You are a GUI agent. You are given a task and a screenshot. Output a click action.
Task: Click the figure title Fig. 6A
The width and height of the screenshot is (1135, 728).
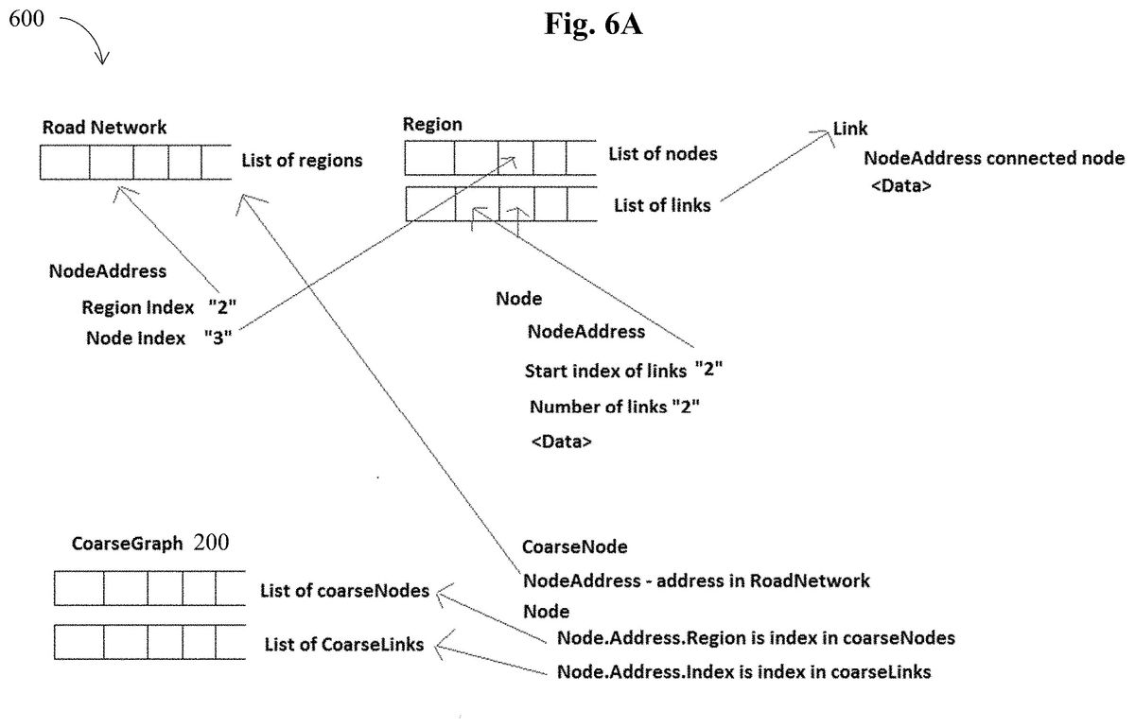pyautogui.click(x=593, y=24)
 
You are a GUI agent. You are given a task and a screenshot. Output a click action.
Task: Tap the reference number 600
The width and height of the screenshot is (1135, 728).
pyautogui.click(x=26, y=19)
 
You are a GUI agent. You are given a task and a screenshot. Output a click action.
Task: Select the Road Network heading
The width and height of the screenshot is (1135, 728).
pyautogui.click(x=104, y=127)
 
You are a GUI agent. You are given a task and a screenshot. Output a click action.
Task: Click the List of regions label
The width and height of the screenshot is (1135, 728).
pyautogui.click(x=302, y=160)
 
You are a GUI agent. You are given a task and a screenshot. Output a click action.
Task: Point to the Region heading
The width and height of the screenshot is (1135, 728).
pyautogui.click(x=432, y=125)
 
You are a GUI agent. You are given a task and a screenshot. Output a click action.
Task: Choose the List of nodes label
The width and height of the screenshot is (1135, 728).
pyautogui.click(x=663, y=153)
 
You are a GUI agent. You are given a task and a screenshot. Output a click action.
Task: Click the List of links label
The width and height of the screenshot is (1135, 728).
pyautogui.click(x=662, y=205)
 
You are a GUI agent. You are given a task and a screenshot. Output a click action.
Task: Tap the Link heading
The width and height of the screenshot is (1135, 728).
pyautogui.click(x=850, y=129)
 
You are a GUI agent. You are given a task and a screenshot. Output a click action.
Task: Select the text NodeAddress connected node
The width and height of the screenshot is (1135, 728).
pyautogui.click(x=994, y=158)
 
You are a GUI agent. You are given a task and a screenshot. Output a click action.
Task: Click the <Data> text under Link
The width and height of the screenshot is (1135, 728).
pyautogui.click(x=900, y=186)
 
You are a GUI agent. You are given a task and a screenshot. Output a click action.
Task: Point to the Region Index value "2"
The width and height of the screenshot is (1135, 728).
pyautogui.click(x=222, y=306)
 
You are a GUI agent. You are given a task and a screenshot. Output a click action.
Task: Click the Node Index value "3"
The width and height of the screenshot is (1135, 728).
pyautogui.click(x=218, y=337)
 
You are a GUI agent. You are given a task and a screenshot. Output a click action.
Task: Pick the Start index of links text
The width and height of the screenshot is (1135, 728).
pyautogui.click(x=605, y=371)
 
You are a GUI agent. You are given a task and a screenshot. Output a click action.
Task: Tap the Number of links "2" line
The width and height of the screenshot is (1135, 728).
pyautogui.click(x=615, y=407)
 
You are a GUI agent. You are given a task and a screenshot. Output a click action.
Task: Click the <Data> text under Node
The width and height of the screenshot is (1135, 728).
pyautogui.click(x=562, y=442)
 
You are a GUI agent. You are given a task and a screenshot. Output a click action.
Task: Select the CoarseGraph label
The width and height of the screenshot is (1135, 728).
pyautogui.click(x=127, y=543)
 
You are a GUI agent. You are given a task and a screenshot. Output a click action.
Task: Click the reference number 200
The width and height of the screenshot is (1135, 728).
pyautogui.click(x=211, y=542)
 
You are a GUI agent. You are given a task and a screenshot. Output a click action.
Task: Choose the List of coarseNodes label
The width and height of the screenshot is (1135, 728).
pyautogui.click(x=344, y=591)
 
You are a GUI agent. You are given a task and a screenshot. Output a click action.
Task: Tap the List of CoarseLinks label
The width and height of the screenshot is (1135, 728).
pyautogui.click(x=344, y=645)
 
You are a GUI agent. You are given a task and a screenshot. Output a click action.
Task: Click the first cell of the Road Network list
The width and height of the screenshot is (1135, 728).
pyautogui.click(x=65, y=162)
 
